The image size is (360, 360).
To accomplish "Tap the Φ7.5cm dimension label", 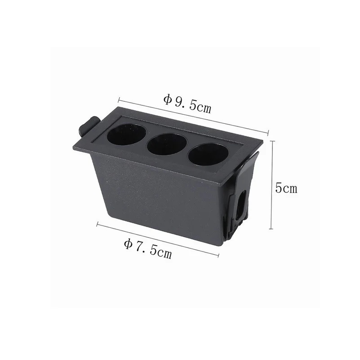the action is [x=148, y=248].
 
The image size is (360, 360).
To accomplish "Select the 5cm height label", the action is [x=286, y=188].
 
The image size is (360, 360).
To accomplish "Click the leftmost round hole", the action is [x=126, y=135].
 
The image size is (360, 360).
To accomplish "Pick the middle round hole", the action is [x=167, y=144].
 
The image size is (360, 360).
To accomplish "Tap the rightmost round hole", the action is [x=208, y=155].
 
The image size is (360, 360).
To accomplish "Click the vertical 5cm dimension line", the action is [x=272, y=185].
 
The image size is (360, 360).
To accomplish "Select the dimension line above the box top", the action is [x=193, y=116].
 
